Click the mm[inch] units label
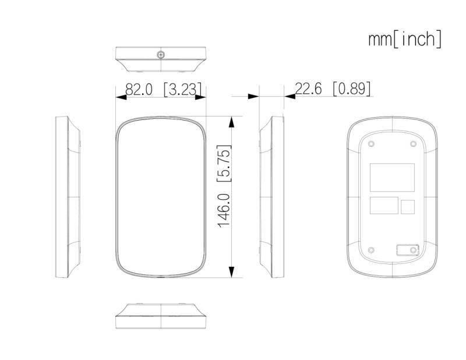(405, 39)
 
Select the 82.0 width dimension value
(139, 89)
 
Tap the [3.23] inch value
(182, 89)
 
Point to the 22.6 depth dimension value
(308, 89)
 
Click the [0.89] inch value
(352, 89)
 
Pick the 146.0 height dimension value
(224, 210)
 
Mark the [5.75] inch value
(224, 163)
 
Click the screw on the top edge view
(161, 55)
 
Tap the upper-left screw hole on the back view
(371, 144)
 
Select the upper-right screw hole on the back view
(413, 144)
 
